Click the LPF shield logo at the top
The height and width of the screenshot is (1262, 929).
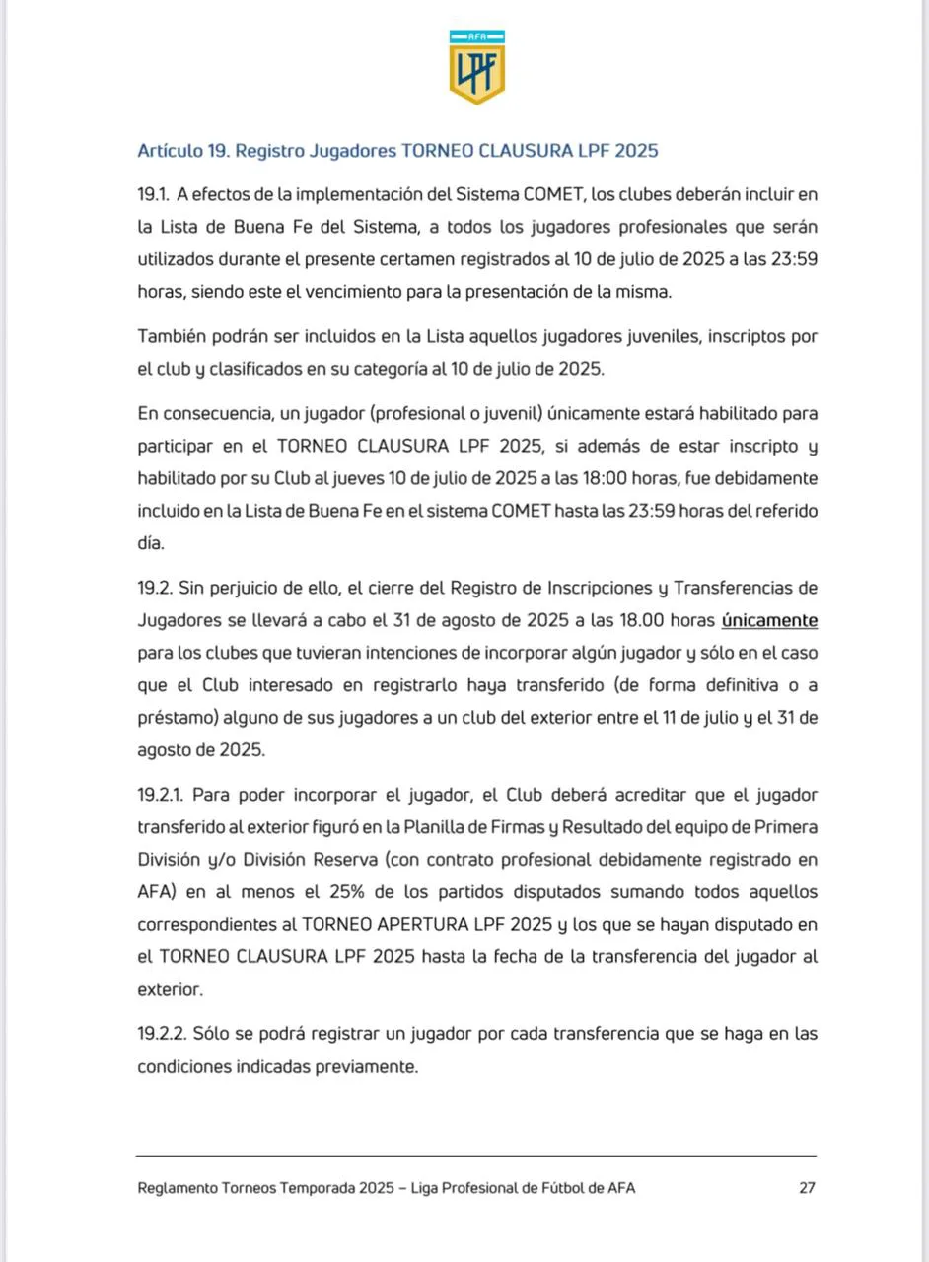click(477, 66)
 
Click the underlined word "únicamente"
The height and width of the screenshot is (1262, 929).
click(769, 620)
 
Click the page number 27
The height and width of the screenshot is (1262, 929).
click(807, 1188)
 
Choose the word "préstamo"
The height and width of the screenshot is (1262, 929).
click(170, 718)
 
